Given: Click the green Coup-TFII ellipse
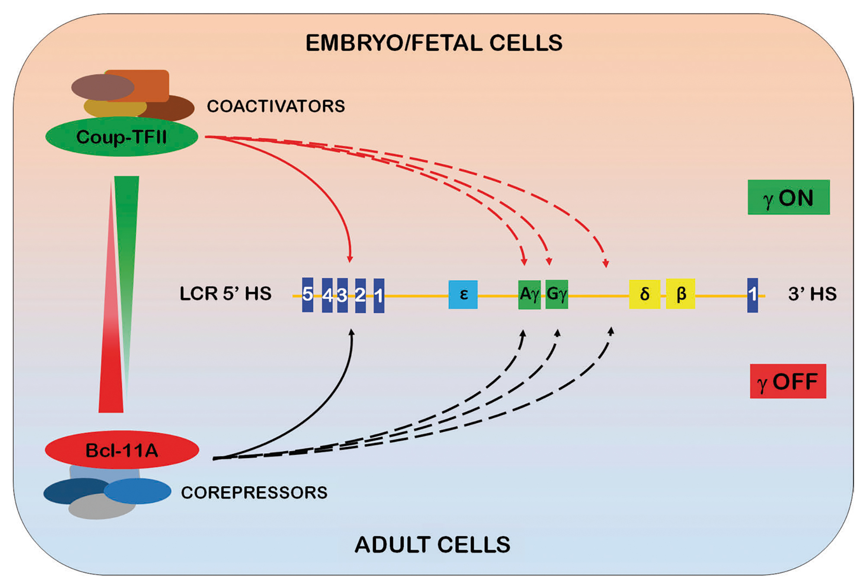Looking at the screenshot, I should coord(122,137).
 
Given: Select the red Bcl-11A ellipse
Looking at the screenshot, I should coord(122,450).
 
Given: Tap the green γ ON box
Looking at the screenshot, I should coord(788,197).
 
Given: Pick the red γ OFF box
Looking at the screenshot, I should coord(788,381).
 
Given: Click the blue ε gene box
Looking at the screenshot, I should coord(463,294).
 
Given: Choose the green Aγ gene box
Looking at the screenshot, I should coord(529,294).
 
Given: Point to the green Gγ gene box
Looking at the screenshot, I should coord(557,294).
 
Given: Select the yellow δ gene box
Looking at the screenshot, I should coord(644,294).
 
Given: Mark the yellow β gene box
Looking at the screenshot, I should coord(680,294).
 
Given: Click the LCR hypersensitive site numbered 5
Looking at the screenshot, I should coord(308,294).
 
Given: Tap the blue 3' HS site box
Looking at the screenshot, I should coord(753,295).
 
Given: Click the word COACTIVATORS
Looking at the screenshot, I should coord(276,106).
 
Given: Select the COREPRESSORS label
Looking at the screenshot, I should coord(254,492).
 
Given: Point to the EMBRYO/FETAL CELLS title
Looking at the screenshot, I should coord(434,43).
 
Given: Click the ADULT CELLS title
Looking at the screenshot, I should coord(432,544).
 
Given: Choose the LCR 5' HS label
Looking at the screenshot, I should coord(225,294).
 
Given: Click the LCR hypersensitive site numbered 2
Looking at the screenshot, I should coord(360,295).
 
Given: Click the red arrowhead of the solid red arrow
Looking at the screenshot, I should coord(350,259).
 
